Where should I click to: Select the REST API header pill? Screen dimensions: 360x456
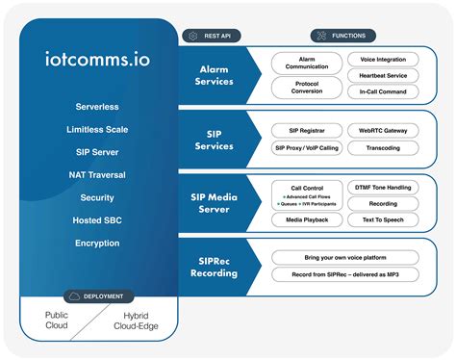click(211, 36)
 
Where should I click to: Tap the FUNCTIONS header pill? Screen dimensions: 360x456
click(343, 36)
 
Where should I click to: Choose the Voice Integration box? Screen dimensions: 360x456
click(382, 60)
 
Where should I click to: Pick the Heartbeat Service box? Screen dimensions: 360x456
click(382, 75)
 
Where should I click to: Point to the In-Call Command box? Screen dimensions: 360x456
click(382, 90)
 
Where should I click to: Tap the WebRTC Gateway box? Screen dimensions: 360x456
click(382, 130)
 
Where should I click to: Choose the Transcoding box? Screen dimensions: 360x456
click(382, 148)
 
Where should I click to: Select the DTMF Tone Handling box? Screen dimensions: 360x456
click(382, 186)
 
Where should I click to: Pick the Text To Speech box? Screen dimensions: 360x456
click(382, 220)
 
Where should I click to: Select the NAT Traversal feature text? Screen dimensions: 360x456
click(97, 174)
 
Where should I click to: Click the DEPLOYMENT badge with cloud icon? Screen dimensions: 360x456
click(97, 296)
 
